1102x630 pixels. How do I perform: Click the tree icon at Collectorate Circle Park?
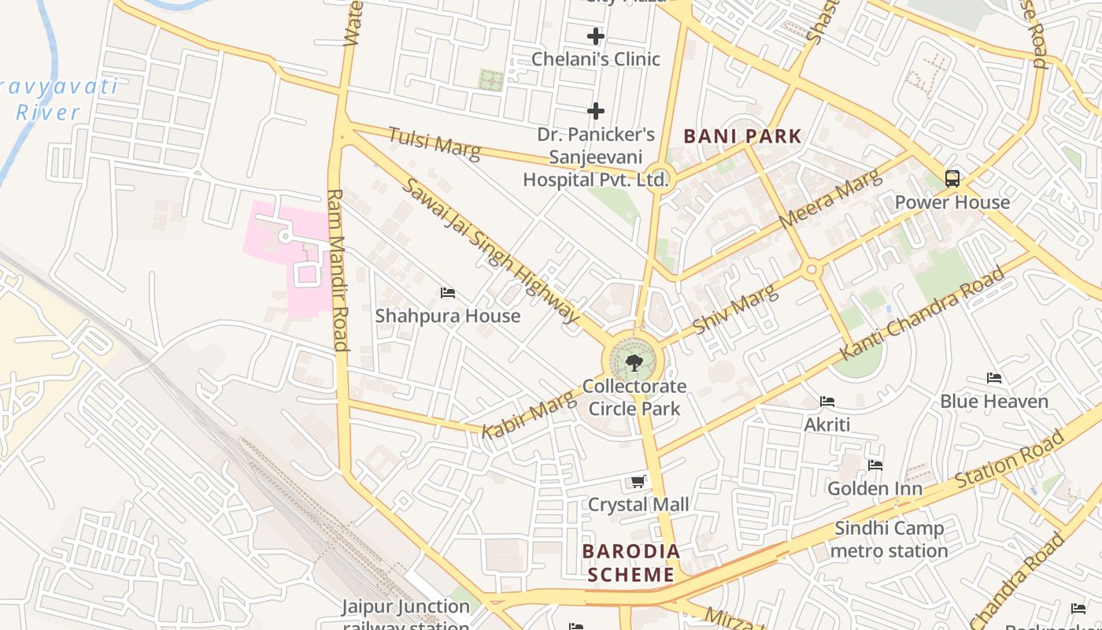(x=634, y=363)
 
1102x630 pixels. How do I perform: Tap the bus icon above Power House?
(x=952, y=179)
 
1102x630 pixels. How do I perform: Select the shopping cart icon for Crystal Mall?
(x=638, y=481)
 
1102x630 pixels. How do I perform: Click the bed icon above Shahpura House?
(x=448, y=293)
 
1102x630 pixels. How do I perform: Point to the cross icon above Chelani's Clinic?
(x=596, y=36)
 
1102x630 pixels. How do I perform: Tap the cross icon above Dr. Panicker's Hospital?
(x=596, y=111)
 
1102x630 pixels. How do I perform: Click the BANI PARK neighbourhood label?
(x=742, y=136)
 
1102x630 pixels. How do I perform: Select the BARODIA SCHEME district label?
(x=631, y=563)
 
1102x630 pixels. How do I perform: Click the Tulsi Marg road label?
(x=434, y=143)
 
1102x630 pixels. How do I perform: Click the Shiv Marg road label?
(x=735, y=309)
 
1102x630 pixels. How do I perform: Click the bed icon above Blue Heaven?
(x=993, y=378)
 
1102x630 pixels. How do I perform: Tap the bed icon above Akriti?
(x=826, y=402)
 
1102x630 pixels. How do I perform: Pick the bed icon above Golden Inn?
(x=875, y=465)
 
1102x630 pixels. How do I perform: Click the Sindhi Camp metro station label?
(x=889, y=539)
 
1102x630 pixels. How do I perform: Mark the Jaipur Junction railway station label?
(x=405, y=613)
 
